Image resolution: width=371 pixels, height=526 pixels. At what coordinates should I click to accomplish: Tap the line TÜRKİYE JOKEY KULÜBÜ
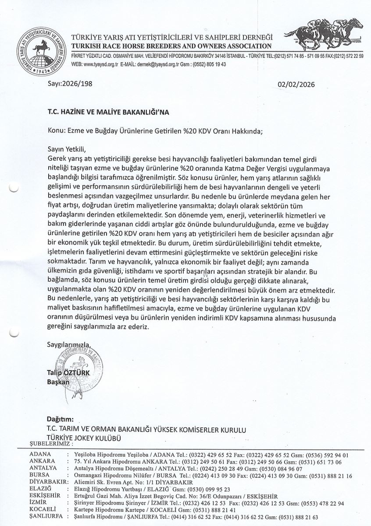click(x=83, y=437)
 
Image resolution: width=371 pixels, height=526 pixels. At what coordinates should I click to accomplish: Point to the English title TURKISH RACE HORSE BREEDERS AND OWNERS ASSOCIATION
click(x=171, y=46)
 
